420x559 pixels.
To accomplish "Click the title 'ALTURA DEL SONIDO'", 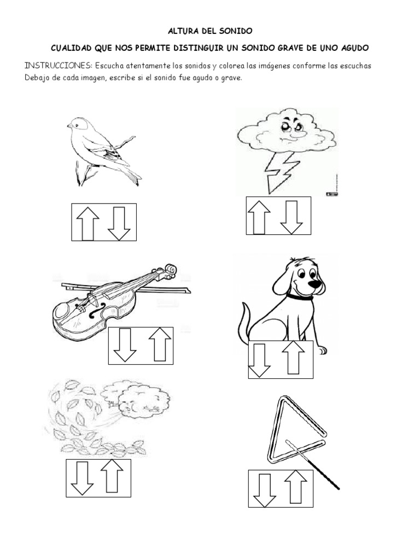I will pyautogui.click(x=210, y=33).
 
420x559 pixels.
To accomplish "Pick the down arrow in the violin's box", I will pyautogui.click(x=125, y=345).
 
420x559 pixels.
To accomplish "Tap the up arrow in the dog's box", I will pyautogui.click(x=293, y=358).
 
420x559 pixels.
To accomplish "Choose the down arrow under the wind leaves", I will pyautogui.click(x=83, y=478).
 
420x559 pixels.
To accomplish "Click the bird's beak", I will pyautogui.click(x=70, y=126).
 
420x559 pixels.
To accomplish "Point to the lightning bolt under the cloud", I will pyautogui.click(x=278, y=170).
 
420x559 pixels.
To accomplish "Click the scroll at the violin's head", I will pyautogui.click(x=172, y=270).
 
